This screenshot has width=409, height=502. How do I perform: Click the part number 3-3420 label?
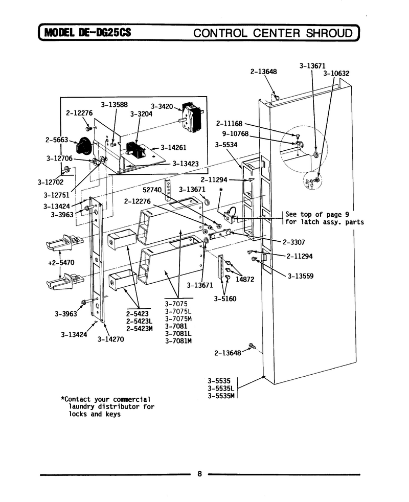point(162,106)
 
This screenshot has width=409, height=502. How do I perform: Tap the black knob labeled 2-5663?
point(83,145)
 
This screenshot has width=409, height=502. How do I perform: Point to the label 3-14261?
point(173,148)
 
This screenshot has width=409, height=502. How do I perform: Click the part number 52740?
point(152,190)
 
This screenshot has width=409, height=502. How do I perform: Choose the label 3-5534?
point(226,145)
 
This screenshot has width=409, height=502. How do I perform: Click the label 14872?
point(245,279)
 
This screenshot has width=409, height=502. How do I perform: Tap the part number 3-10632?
point(336,73)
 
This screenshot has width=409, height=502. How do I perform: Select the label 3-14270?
point(110,339)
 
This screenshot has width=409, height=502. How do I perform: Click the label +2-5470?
point(61,263)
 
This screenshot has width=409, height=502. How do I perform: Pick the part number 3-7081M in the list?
point(178,341)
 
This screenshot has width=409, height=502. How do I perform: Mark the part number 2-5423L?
point(140,321)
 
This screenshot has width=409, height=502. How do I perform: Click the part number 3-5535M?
point(221,396)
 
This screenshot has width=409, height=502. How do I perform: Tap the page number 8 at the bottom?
point(199,474)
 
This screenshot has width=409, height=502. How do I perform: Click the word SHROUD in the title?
point(329,33)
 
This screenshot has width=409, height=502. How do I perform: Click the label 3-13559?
point(301,276)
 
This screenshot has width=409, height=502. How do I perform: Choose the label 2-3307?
point(293,242)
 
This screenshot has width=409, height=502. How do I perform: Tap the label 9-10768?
point(235,133)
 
